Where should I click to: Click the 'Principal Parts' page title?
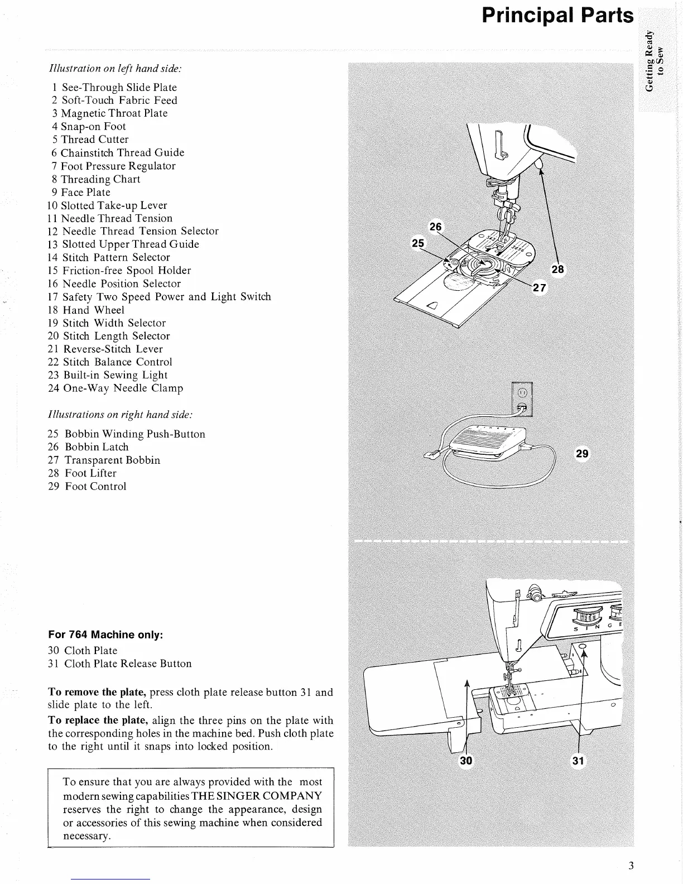557,16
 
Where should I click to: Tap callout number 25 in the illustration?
418,243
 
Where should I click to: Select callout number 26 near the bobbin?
435,226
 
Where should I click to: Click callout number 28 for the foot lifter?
557,270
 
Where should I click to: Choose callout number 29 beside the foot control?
582,454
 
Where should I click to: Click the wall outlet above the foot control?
522,398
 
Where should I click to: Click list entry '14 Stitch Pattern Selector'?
109,257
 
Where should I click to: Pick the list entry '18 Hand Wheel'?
86,310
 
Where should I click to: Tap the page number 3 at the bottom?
631,866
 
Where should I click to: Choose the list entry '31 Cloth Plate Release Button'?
120,664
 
